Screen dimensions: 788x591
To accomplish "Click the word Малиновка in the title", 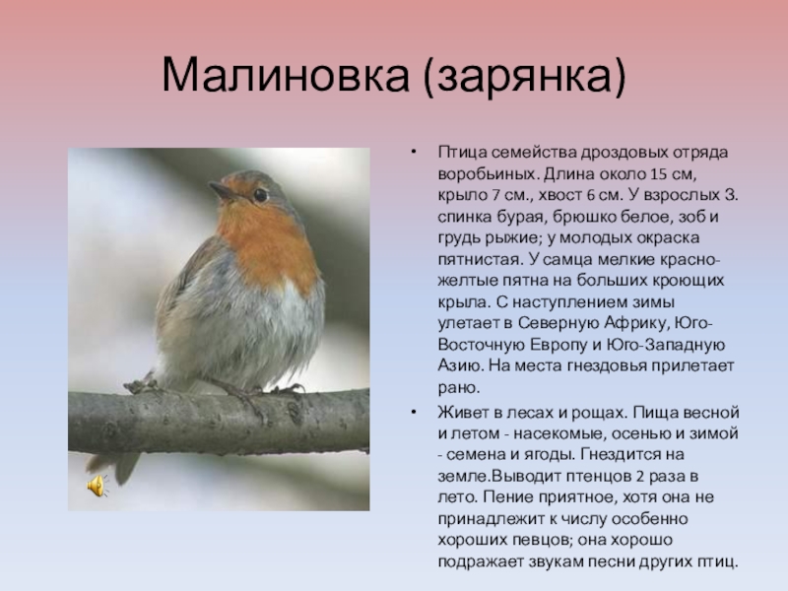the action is pyautogui.click(x=286, y=75).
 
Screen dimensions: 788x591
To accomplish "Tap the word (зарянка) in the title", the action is pyautogui.click(x=525, y=77).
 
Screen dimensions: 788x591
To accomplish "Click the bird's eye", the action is pyautogui.click(x=260, y=195).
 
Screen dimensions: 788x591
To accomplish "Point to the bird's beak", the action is pyautogui.click(x=221, y=190).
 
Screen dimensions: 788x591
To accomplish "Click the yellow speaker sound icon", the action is pyautogui.click(x=98, y=486).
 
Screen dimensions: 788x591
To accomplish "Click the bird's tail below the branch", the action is pyautogui.click(x=116, y=465).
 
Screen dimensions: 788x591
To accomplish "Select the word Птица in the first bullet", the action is pyautogui.click(x=461, y=153).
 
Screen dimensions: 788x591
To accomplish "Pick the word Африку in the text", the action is pyautogui.click(x=636, y=323).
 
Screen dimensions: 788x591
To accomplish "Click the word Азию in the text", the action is pyautogui.click(x=460, y=365).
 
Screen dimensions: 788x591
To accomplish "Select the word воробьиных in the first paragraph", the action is pyautogui.click(x=488, y=174).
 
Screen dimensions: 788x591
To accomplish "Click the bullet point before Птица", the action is pyautogui.click(x=413, y=153).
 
